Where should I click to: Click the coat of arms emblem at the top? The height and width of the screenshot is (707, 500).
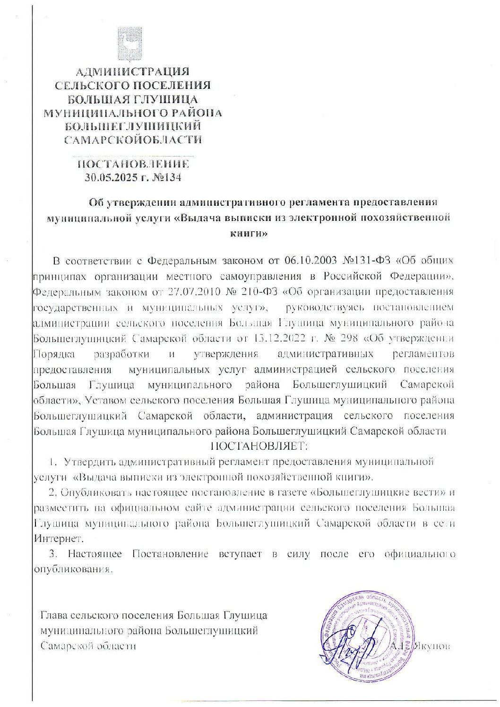pos(129,44)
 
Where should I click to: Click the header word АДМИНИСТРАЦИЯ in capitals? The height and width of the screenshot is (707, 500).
pos(132,72)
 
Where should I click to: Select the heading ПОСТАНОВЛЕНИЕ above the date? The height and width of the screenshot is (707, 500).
pos(133,164)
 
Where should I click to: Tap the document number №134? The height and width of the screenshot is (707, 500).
pos(165,178)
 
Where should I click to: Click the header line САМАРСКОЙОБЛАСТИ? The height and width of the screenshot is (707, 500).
pos(133,140)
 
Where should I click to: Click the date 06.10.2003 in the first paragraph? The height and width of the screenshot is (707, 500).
pos(310,261)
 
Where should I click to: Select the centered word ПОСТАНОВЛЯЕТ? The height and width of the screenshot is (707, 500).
pos(259,445)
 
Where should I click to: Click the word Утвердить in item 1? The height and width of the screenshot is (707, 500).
pos(89,462)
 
